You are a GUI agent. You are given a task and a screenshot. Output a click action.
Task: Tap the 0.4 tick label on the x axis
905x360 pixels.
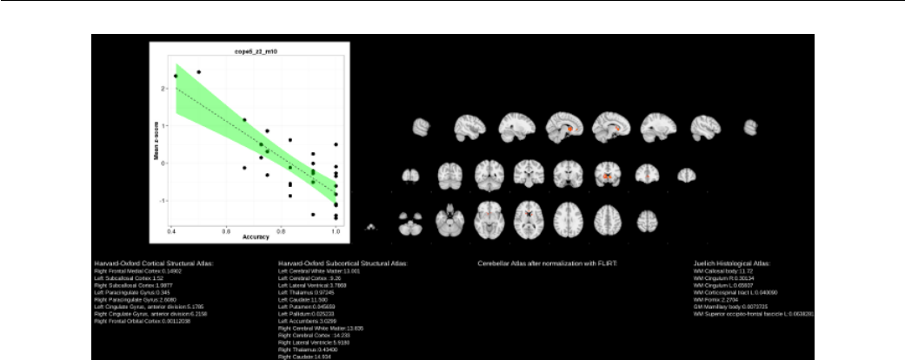[173, 230]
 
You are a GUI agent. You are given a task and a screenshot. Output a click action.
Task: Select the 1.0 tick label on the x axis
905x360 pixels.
[336, 230]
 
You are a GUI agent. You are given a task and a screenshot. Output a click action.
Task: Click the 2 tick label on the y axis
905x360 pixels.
[163, 89]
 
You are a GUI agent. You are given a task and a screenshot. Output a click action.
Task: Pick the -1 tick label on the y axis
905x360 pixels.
[162, 200]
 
